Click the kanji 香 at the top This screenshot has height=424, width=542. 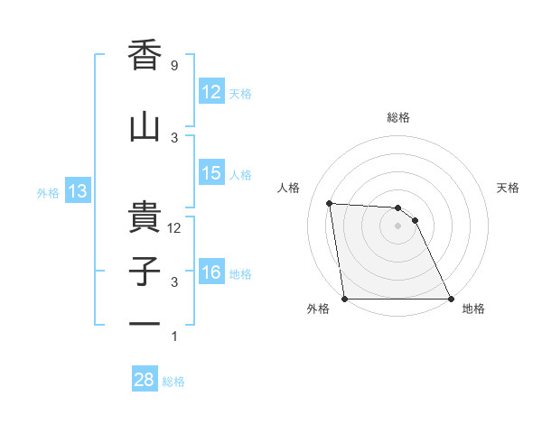point(145,56)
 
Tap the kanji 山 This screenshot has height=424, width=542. point(145,128)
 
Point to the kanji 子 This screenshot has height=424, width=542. point(145,272)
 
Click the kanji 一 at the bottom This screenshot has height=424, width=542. point(145,322)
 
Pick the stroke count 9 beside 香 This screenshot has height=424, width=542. point(173,66)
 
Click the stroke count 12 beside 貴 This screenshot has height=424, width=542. point(175,228)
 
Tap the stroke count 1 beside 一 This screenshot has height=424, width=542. point(173,336)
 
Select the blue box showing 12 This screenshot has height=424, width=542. point(210,92)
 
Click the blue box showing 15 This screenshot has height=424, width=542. point(210,173)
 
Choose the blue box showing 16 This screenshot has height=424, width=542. point(210,272)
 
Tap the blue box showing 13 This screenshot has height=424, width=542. point(77,191)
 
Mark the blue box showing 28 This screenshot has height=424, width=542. point(145,380)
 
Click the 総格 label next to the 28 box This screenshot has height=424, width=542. point(173,381)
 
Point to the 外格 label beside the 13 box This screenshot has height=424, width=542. point(48,192)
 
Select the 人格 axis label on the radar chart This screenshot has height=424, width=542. point(289,188)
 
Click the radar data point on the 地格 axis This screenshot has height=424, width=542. point(450,299)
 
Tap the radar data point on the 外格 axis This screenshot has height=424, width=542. point(344,299)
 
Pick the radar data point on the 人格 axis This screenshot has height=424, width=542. point(330,203)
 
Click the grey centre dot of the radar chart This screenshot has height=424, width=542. point(397,226)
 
